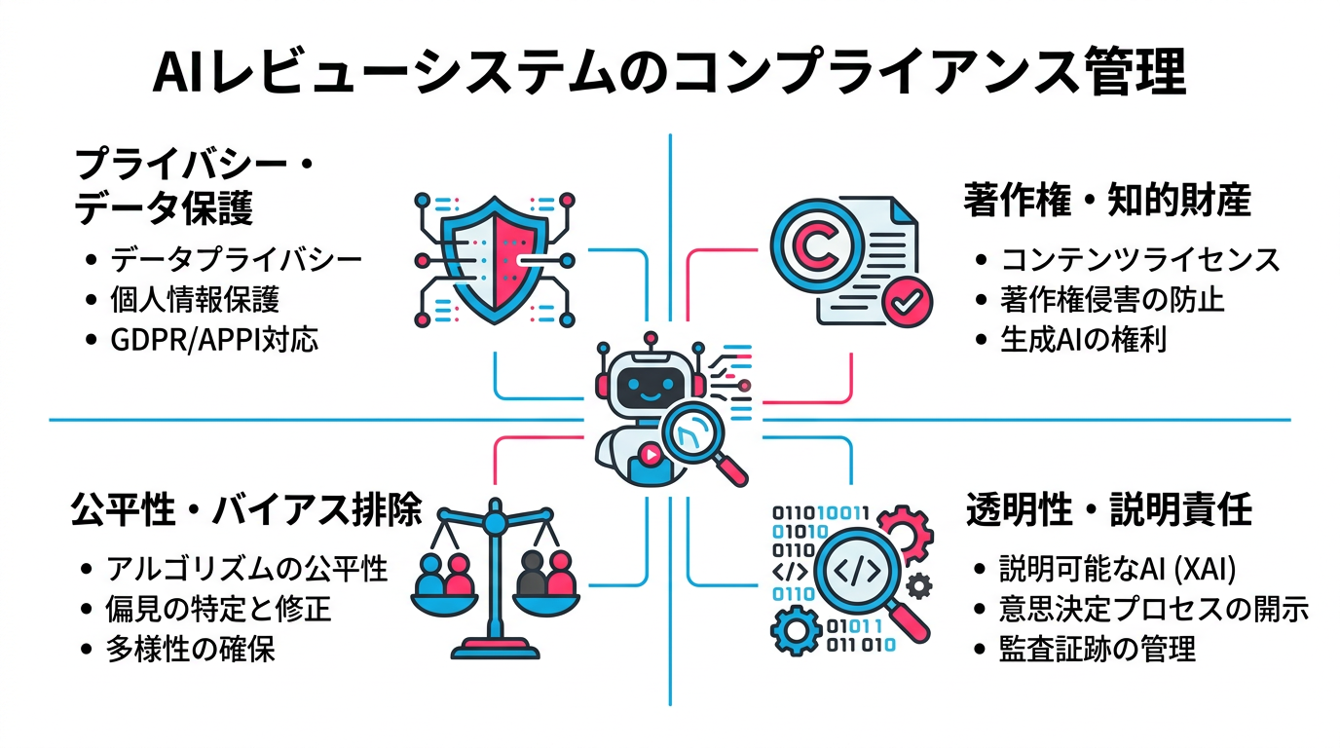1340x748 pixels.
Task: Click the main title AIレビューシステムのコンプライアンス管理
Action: pyautogui.click(x=669, y=73)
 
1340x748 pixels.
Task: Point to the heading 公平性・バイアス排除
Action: pyautogui.click(x=245, y=509)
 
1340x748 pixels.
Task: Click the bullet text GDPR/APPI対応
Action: pyautogui.click(x=214, y=341)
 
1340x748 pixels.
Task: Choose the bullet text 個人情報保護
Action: pyautogui.click(x=195, y=300)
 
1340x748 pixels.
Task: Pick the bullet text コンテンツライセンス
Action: pyautogui.click(x=1140, y=259)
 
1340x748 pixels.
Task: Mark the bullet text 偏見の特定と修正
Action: pyautogui.click(x=219, y=609)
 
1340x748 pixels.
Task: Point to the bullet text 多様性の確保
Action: pyautogui.click(x=191, y=650)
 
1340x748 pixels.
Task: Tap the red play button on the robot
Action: pyautogui.click(x=650, y=453)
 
